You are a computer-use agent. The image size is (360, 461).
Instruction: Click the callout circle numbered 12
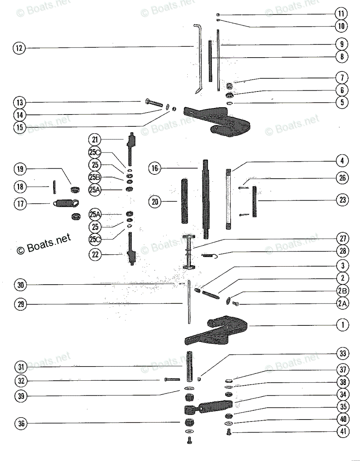point(19,48)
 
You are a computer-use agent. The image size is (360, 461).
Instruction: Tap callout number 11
point(341,14)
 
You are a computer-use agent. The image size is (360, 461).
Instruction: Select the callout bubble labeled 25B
point(95,177)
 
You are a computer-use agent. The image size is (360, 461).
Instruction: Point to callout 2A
point(342,303)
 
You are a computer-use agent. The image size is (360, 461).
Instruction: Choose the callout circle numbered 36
point(21,424)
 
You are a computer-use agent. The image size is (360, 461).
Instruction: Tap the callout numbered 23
point(342,200)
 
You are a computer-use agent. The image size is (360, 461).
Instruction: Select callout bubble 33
point(342,353)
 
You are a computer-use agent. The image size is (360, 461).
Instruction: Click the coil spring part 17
point(65,203)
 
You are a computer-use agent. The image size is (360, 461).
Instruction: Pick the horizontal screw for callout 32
point(173,380)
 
